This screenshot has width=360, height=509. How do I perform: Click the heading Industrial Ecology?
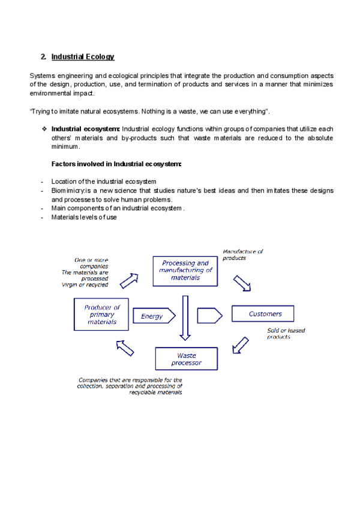click(x=83, y=57)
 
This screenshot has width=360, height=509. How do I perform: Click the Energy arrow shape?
click(x=156, y=316)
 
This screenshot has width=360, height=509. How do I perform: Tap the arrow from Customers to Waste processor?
click(x=240, y=345)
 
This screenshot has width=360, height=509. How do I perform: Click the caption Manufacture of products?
click(x=242, y=254)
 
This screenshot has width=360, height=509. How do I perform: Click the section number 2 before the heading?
click(x=43, y=57)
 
